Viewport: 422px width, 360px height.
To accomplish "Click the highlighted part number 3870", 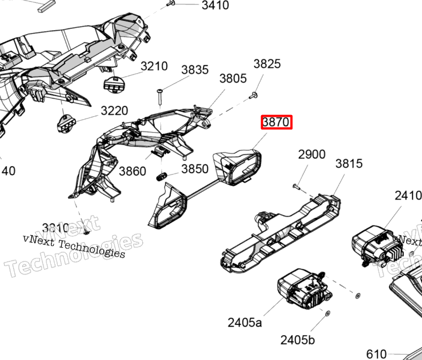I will (276, 122).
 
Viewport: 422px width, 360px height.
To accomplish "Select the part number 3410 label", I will (215, 6).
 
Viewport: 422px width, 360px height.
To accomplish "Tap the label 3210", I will (154, 66).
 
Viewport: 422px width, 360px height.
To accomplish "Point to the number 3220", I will (114, 111).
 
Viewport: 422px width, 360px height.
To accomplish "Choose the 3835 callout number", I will (195, 70).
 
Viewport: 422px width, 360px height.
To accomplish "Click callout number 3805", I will (233, 79).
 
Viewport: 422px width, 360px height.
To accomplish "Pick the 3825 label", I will (267, 63).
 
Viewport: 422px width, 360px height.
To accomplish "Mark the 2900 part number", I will (312, 154).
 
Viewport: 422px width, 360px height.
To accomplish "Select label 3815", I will (348, 164).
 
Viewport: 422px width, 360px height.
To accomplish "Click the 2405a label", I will (245, 323).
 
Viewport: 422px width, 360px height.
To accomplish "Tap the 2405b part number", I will (297, 340).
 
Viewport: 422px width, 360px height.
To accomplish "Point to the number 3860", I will (132, 171).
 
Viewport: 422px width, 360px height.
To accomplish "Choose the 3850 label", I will (195, 170).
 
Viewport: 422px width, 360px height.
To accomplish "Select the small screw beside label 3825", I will (254, 95).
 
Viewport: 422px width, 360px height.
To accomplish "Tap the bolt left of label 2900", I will (297, 185).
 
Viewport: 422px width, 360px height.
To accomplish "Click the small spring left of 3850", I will (160, 177).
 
